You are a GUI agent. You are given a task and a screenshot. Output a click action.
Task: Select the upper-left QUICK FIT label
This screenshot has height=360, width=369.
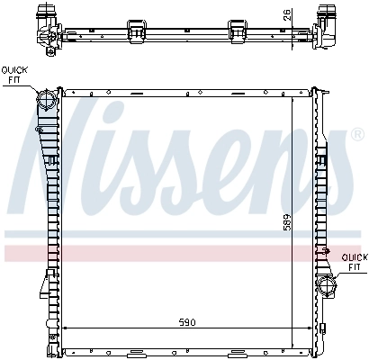(15, 74)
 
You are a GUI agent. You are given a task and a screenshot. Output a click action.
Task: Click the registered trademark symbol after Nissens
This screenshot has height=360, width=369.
(332, 138)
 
